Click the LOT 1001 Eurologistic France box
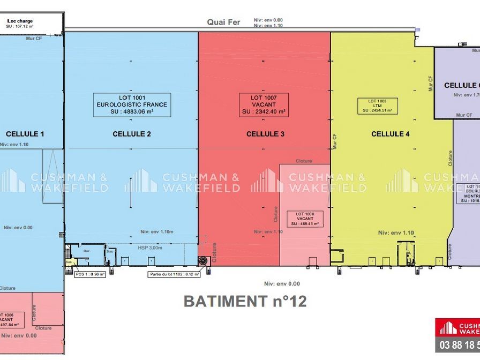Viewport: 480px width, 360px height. click(x=131, y=104)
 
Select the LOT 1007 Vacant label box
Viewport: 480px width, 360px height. click(x=264, y=105)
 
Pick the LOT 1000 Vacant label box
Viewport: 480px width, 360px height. click(x=305, y=219)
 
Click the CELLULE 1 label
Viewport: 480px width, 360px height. click(x=25, y=134)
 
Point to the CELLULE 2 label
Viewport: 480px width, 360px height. click(x=132, y=134)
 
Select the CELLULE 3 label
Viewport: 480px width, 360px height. click(x=265, y=134)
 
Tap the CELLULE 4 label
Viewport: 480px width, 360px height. click(x=391, y=134)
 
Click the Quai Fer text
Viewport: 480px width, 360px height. click(x=224, y=22)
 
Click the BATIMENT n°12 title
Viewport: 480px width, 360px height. click(x=245, y=301)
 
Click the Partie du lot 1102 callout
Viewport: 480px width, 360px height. click(x=174, y=274)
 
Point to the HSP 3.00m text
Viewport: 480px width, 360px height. click(x=149, y=247)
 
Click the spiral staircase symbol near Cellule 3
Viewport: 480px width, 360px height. click(x=204, y=260)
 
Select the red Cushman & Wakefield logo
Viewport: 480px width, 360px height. click(x=457, y=327)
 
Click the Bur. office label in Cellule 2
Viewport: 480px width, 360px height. click(x=85, y=250)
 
